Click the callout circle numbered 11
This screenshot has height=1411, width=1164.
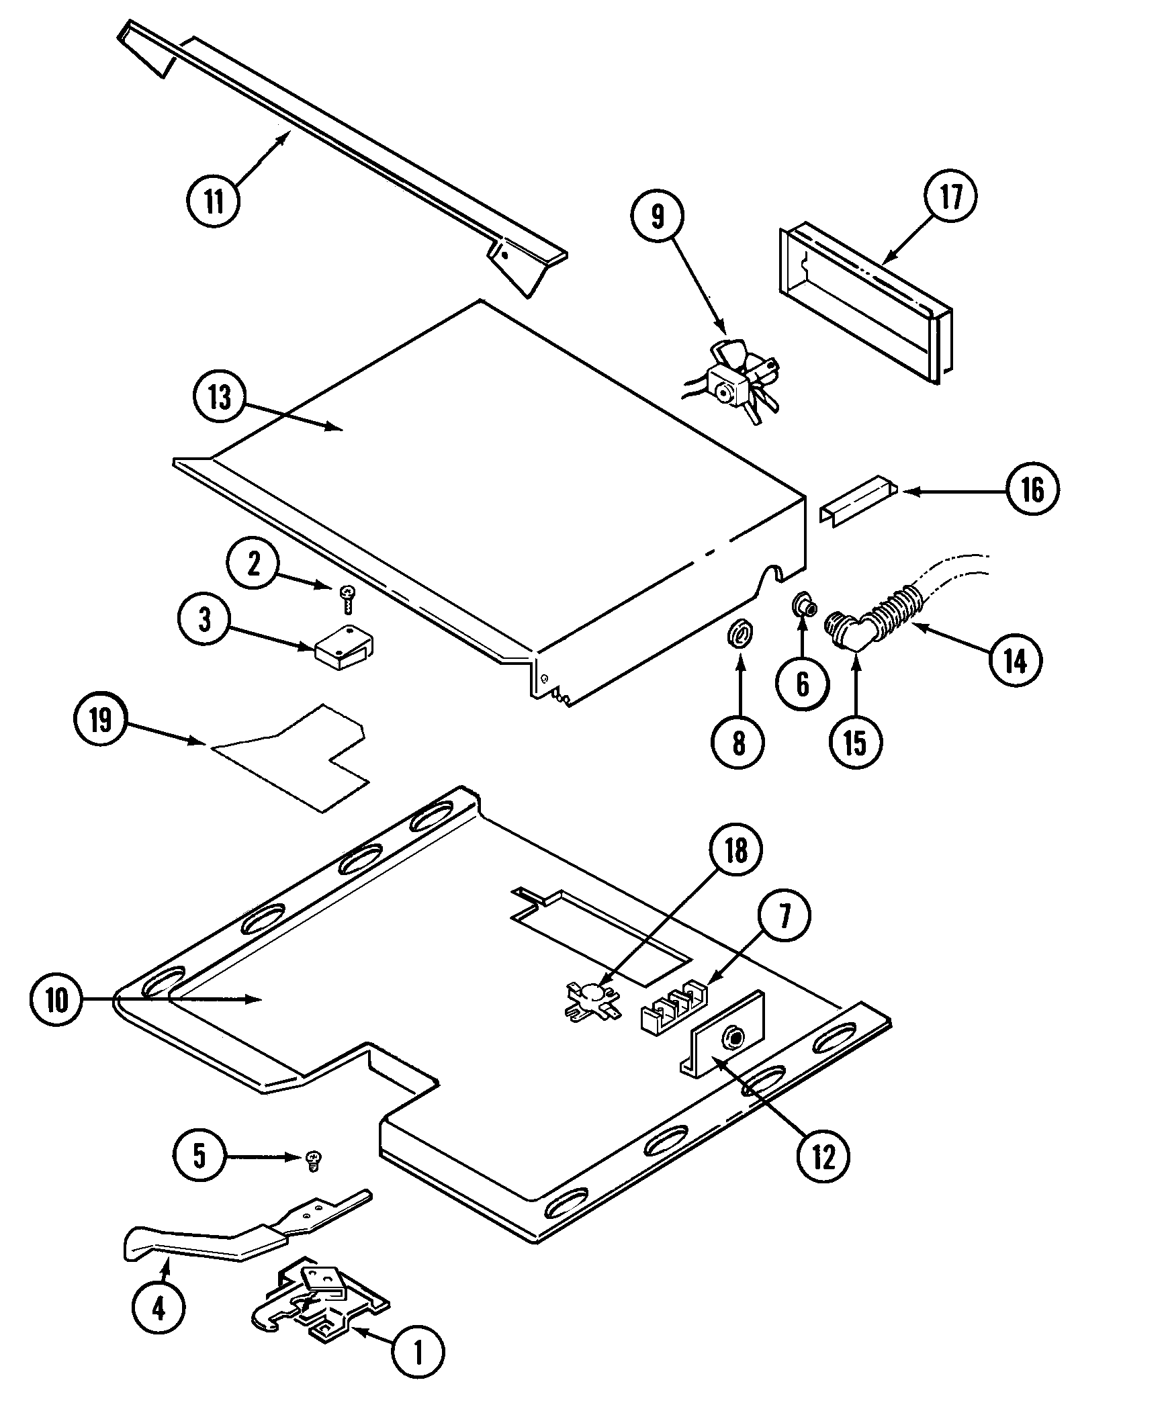214,201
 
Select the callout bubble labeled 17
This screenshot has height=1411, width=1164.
950,197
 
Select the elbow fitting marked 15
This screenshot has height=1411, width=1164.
850,629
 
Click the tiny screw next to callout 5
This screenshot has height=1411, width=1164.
312,1159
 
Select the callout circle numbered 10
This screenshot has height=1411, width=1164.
58,1001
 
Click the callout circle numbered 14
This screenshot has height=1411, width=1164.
1015,662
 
